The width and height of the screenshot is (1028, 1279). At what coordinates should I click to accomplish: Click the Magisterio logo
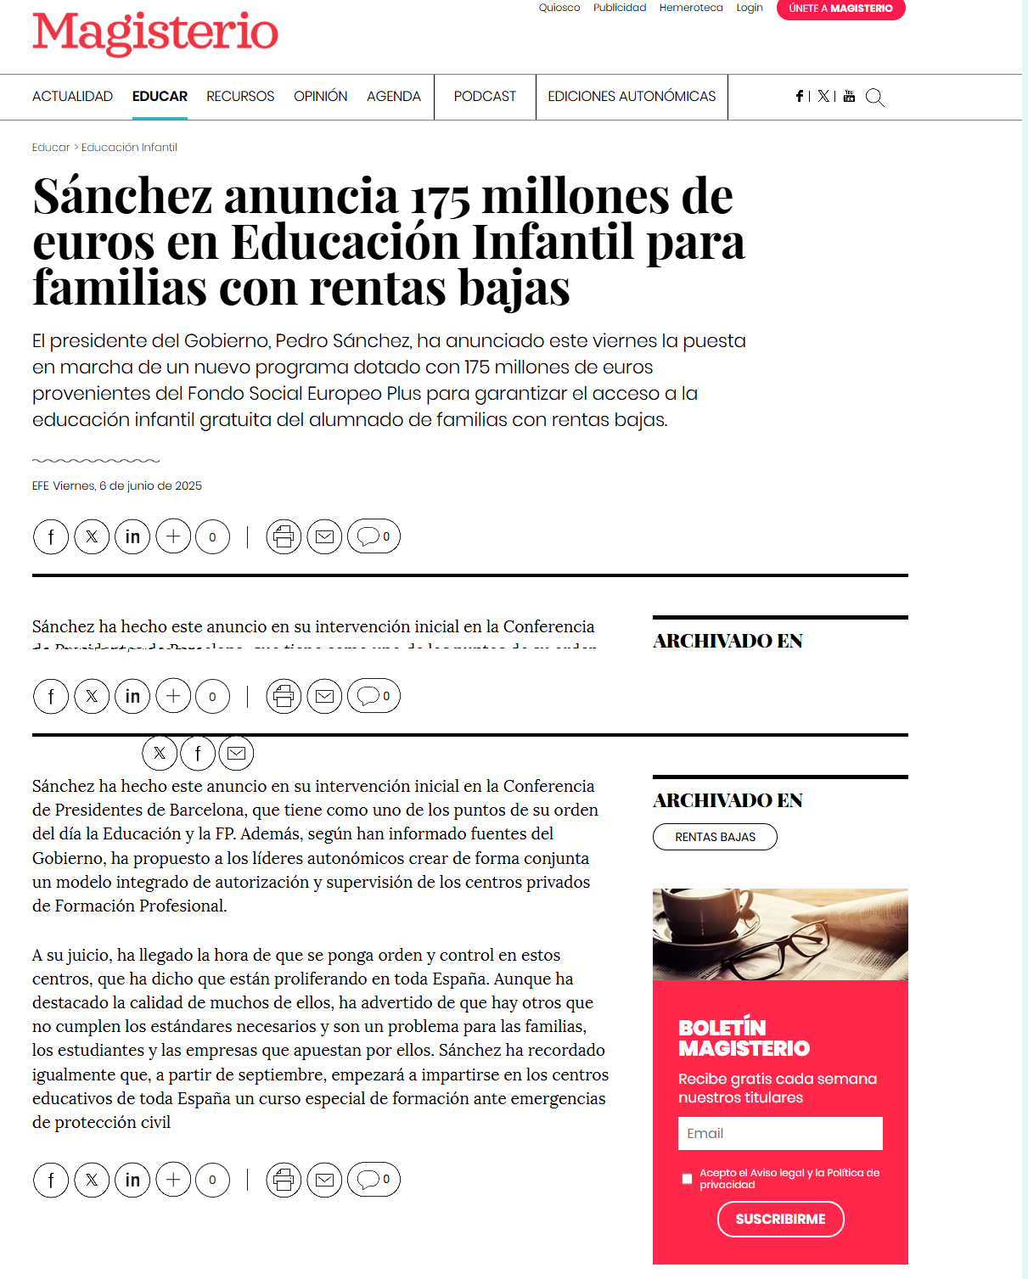(x=155, y=33)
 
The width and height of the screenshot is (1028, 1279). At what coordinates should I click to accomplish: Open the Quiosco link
(x=559, y=8)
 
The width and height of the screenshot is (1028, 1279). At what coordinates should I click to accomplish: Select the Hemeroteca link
(x=691, y=8)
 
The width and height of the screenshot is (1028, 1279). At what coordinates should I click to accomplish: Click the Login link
(x=750, y=8)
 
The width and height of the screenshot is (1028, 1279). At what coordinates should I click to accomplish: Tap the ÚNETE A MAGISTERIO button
(x=840, y=8)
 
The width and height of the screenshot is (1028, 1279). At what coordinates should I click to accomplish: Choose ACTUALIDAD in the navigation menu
(x=72, y=97)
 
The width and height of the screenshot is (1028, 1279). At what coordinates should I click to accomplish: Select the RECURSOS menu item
(x=240, y=97)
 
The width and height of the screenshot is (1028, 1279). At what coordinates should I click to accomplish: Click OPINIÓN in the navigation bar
(x=320, y=97)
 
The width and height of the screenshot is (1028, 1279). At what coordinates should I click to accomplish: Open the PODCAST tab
(x=485, y=97)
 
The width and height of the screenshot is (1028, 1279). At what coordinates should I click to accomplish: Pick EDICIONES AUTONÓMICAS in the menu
(x=632, y=97)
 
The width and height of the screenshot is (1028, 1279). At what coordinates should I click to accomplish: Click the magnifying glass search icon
(x=874, y=98)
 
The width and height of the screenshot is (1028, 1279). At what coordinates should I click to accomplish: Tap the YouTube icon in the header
(x=849, y=97)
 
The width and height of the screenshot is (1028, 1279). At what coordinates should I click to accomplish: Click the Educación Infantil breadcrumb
(x=129, y=148)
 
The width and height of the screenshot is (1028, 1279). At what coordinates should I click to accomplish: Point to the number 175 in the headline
(x=440, y=199)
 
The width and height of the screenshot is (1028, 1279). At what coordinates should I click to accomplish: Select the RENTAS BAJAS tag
(x=715, y=837)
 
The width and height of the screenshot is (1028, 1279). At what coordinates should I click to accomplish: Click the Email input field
(x=780, y=1133)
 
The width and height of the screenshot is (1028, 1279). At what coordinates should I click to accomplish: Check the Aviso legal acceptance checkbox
(x=687, y=1178)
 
